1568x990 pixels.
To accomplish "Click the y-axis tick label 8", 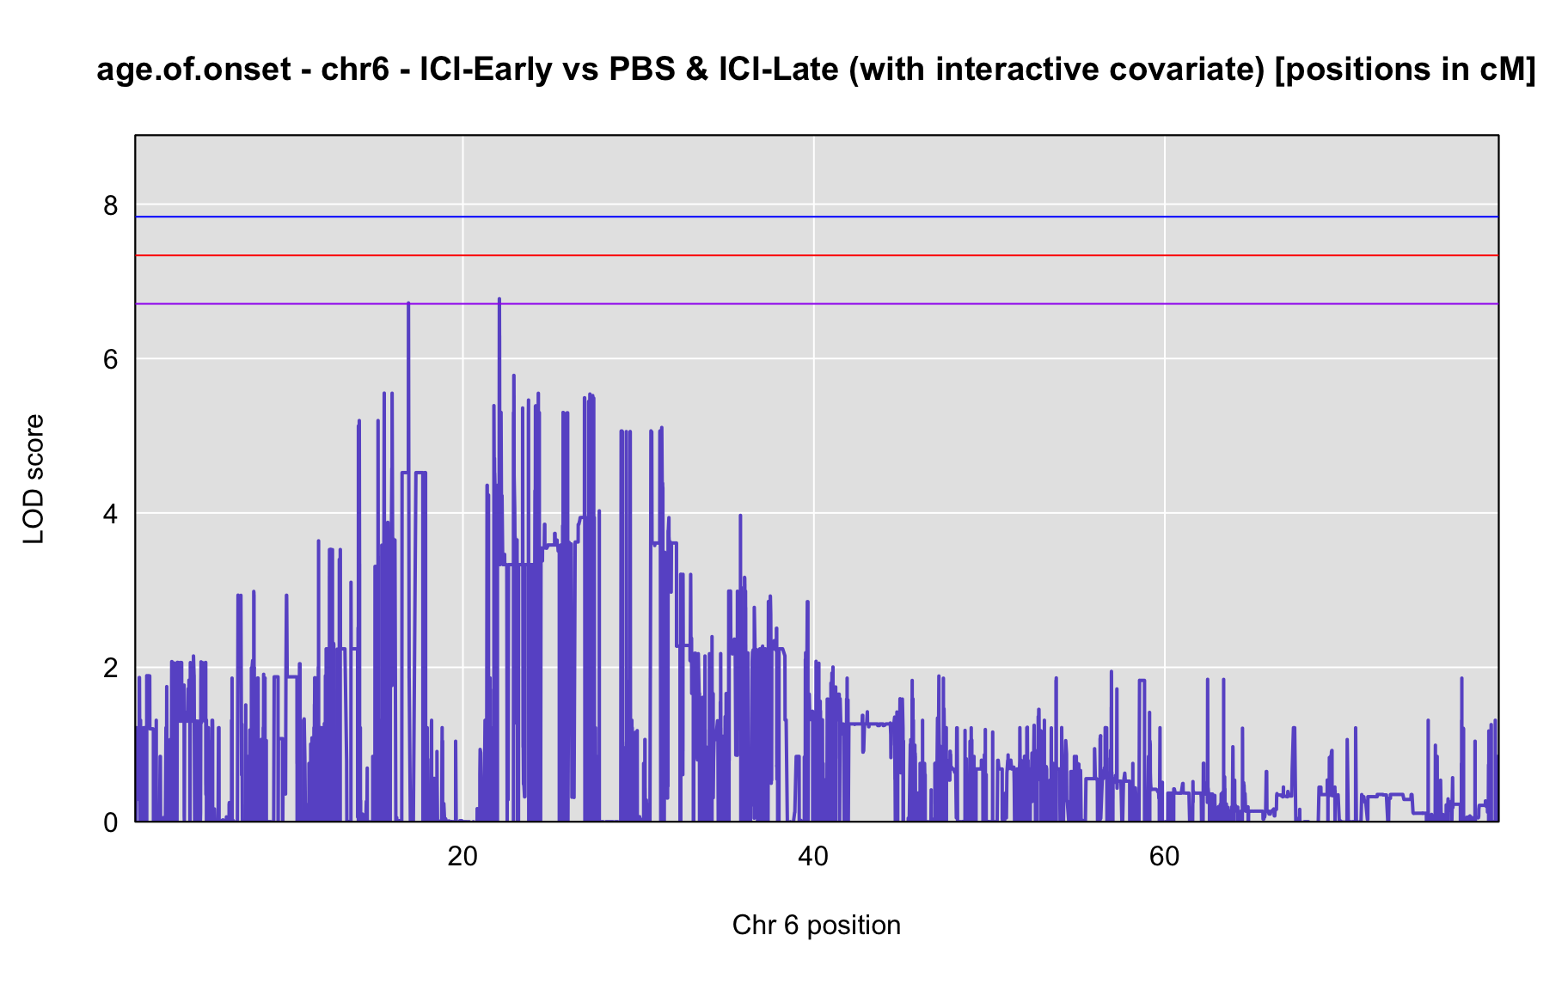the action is pyautogui.click(x=111, y=205).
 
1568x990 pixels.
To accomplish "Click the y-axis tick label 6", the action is pyautogui.click(x=111, y=359).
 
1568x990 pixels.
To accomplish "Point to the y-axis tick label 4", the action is pyautogui.click(x=111, y=514).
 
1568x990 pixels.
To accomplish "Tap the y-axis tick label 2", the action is pyautogui.click(x=111, y=668).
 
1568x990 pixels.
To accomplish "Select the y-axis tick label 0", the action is pyautogui.click(x=111, y=822).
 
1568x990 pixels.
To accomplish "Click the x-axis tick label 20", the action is pyautogui.click(x=462, y=857).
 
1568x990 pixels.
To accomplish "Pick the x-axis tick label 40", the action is pyautogui.click(x=813, y=857).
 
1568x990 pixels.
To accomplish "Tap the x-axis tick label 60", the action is pyautogui.click(x=1164, y=857).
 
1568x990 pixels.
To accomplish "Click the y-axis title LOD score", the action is pyautogui.click(x=34, y=479).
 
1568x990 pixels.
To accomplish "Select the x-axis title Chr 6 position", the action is pyautogui.click(x=817, y=926).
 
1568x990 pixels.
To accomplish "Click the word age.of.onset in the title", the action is pyautogui.click(x=194, y=70).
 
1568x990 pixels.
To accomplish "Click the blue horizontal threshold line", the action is pyautogui.click(x=817, y=217).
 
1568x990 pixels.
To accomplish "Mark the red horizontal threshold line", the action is pyautogui.click(x=817, y=255).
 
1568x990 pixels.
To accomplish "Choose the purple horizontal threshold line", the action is pyautogui.click(x=817, y=304).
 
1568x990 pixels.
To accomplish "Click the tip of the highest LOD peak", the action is pyautogui.click(x=499, y=299).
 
